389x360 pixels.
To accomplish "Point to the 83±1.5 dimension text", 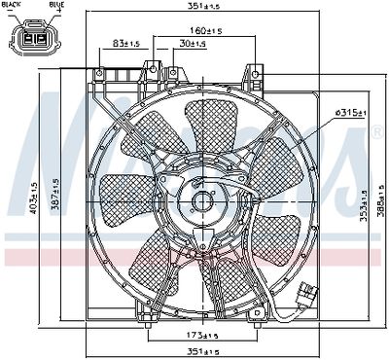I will click(x=125, y=45).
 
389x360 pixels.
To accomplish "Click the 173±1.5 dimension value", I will click(x=201, y=336).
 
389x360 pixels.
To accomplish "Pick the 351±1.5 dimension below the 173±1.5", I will click(x=201, y=351).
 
